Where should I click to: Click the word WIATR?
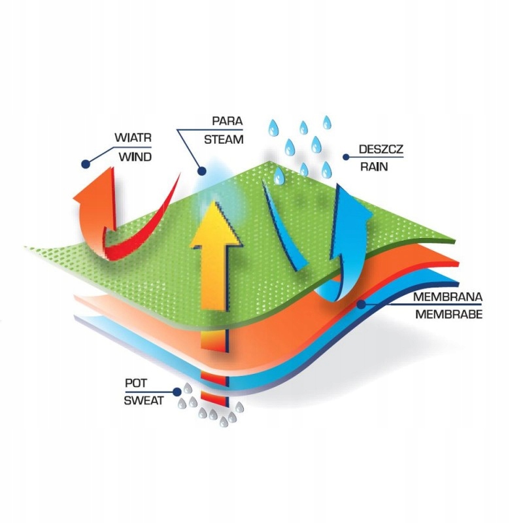(133, 137)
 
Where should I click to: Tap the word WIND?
(135, 157)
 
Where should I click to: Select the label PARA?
(227, 121)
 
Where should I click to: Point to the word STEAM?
(224, 139)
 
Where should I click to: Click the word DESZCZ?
(381, 149)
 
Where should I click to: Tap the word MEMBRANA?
(448, 297)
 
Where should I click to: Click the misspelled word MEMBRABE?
(448, 314)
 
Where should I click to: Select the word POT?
(136, 383)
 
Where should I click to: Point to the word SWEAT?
(144, 400)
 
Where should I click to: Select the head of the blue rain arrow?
(353, 203)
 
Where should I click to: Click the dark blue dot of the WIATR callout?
(86, 164)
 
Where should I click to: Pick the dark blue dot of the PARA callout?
(201, 171)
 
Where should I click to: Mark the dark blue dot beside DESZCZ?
(346, 157)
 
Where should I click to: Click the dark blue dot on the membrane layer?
(361, 304)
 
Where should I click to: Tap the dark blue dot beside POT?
(177, 392)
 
